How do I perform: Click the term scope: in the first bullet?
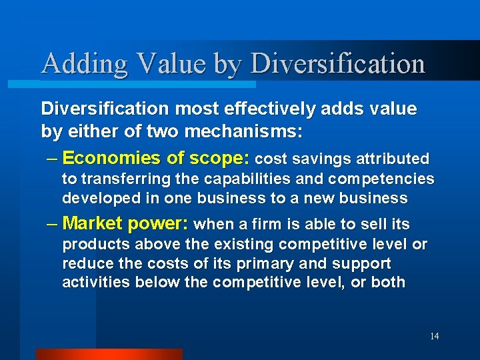pyautogui.click(x=221, y=159)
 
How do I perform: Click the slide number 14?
pyautogui.click(x=434, y=337)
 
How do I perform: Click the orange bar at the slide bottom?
pyautogui.click(x=109, y=354)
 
